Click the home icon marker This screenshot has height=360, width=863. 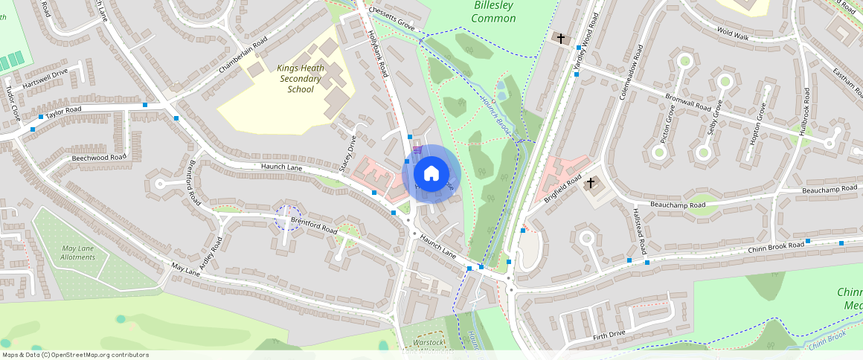431,174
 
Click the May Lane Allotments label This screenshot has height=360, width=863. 78,252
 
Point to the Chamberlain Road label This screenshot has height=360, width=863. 242,56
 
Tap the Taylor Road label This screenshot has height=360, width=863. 63,112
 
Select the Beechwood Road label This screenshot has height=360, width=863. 99,158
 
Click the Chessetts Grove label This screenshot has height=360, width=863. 390,26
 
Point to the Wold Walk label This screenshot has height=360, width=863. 732,34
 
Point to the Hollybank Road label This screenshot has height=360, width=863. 379,54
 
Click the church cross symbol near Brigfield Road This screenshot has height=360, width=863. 591,182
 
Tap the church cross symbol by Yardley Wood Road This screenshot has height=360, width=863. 560,38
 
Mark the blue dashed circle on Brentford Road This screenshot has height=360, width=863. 287,218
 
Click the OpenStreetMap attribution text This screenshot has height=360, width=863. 75,355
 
